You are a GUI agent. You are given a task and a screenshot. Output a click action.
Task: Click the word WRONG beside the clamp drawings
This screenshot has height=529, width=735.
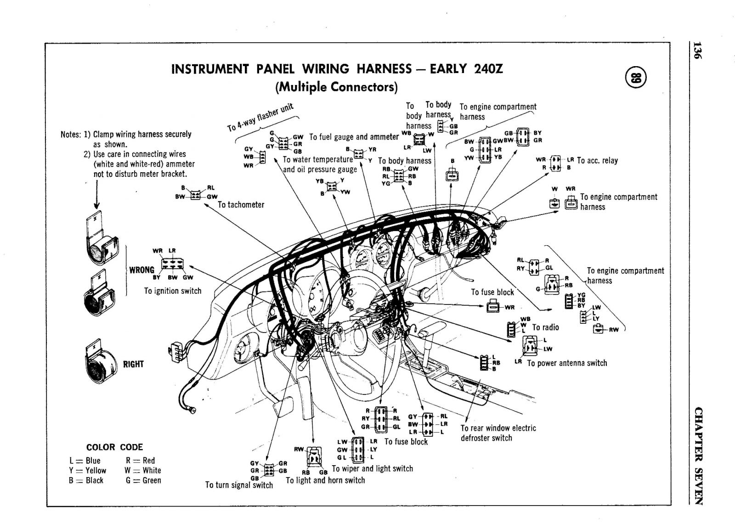tap(141, 270)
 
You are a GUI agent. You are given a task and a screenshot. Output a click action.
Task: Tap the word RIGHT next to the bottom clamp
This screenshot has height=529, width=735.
tap(133, 364)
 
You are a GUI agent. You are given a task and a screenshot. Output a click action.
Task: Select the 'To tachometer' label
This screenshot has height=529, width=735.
tap(241, 205)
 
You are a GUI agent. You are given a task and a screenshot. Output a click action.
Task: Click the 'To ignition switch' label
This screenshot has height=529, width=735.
tap(172, 291)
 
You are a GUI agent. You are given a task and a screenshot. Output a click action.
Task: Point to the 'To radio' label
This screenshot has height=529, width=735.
tap(545, 327)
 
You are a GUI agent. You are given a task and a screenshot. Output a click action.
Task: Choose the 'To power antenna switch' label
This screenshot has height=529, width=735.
tap(567, 363)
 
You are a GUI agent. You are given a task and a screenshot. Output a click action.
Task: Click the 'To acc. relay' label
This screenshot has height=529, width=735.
tap(597, 161)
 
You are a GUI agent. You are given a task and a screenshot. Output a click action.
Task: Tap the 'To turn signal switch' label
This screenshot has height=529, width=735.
tap(239, 485)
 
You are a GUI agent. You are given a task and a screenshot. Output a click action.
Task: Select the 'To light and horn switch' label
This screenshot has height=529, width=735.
tap(325, 480)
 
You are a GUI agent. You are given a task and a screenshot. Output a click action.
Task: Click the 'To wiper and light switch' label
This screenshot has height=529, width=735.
tap(372, 468)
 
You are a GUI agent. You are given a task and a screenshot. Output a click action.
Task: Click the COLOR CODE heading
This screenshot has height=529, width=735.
tap(114, 447)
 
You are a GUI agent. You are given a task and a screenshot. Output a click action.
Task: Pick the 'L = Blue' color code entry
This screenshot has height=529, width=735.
tap(85, 461)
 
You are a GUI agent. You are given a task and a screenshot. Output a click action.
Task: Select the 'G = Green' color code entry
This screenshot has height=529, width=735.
tap(143, 480)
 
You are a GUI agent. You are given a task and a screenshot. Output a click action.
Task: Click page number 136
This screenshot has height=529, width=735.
tap(697, 50)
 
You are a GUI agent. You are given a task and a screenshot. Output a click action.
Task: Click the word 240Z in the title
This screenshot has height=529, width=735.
tap(486, 69)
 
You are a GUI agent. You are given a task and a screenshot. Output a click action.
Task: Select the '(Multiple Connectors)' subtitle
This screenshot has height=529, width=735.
tap(336, 87)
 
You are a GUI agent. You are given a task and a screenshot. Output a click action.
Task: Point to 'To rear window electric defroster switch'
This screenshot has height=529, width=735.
tap(498, 433)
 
